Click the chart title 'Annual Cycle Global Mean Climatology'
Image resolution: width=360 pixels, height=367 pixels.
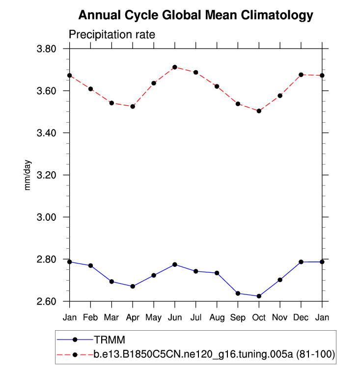click(x=195, y=16)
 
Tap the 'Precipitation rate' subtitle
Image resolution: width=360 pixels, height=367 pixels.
click(x=112, y=35)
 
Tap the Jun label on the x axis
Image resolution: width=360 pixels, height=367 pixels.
click(x=175, y=318)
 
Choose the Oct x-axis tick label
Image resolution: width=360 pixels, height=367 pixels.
click(x=259, y=318)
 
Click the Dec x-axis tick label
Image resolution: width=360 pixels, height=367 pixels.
click(x=301, y=318)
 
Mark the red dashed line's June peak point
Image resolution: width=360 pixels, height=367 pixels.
click(x=175, y=67)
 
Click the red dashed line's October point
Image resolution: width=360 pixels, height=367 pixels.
click(x=259, y=111)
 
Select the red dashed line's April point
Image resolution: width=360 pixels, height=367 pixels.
click(x=133, y=106)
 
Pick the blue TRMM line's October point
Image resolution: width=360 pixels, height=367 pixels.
click(x=259, y=296)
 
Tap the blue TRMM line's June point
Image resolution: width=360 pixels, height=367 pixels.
click(x=175, y=264)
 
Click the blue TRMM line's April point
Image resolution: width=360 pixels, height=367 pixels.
click(x=133, y=286)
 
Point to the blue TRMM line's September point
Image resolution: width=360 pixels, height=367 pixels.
click(x=238, y=293)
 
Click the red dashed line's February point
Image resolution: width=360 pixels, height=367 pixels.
click(x=90, y=89)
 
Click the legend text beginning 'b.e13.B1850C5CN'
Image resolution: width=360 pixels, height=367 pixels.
click(x=214, y=354)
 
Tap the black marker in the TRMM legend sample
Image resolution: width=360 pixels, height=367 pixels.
click(x=75, y=339)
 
